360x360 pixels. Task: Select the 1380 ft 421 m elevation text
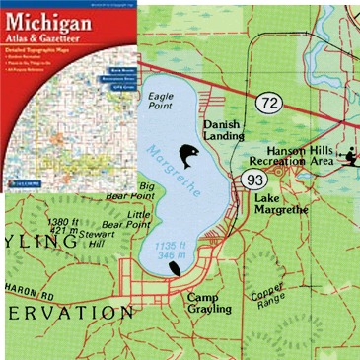click(x=67, y=226)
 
